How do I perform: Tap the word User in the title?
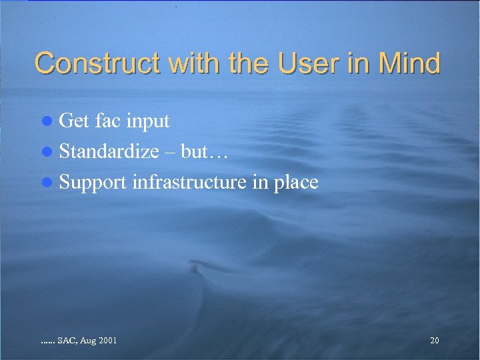(307, 64)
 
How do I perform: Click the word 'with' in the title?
(195, 64)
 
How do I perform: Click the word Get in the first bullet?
(74, 121)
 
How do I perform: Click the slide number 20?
(435, 341)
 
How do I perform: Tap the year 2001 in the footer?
(107, 341)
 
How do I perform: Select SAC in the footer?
(67, 341)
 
